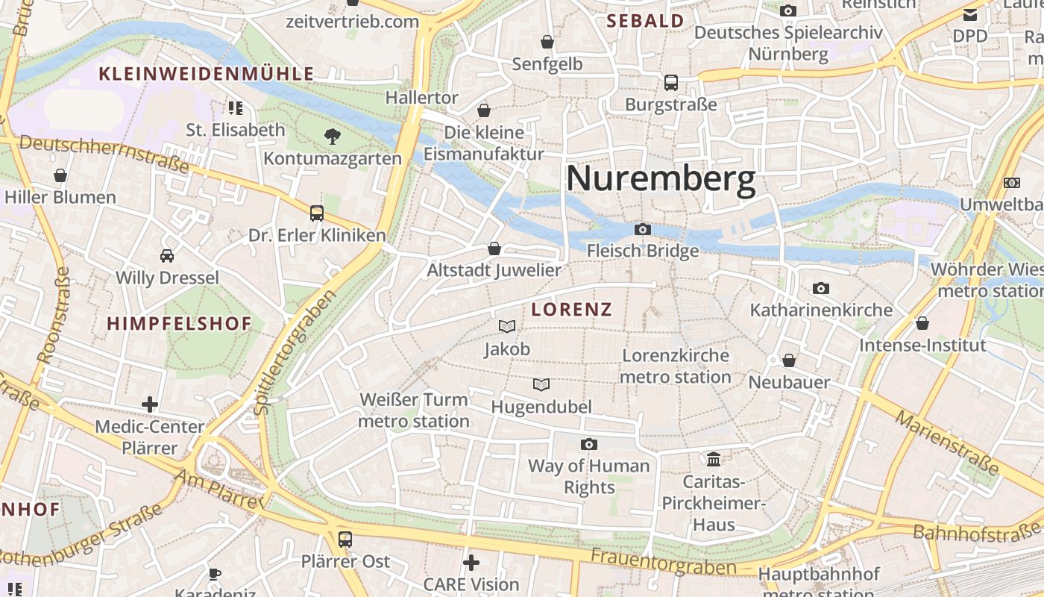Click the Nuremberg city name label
point(661,180)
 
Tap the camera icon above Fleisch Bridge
point(643,229)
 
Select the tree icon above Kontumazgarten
point(332,136)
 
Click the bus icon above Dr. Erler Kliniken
point(317,213)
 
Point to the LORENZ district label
point(571,310)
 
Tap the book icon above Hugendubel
point(541,385)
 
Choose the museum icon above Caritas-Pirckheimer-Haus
point(714,458)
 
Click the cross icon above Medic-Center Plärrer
point(150,404)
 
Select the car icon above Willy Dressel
point(167,256)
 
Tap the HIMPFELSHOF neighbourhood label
point(179,324)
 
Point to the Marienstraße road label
point(946,442)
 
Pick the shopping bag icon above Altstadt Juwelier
point(494,249)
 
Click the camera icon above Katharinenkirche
point(821,288)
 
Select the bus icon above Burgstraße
point(671,83)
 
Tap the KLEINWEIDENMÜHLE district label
point(207,74)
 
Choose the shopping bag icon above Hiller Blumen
point(60,175)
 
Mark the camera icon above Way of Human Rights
point(589,445)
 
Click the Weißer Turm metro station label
point(414,410)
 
